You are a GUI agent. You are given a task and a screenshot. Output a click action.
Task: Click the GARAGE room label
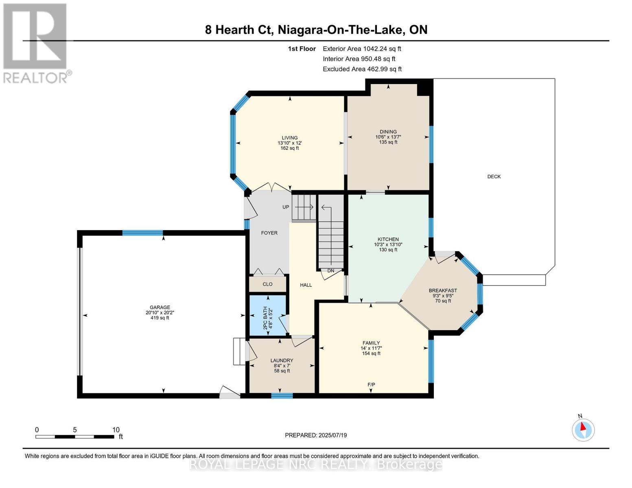point(160,307)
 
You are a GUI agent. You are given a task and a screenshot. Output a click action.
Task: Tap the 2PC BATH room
point(267,315)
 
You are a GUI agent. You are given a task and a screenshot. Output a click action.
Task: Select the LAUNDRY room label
point(282,360)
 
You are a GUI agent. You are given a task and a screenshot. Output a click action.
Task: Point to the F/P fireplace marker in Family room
point(371,384)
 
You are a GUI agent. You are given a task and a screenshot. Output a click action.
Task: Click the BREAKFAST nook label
point(443,290)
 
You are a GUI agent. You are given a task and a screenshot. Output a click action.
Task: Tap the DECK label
point(494,176)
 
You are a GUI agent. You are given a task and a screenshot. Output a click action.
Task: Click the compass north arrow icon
point(583,429)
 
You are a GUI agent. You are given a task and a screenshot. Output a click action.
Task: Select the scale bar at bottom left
point(75,437)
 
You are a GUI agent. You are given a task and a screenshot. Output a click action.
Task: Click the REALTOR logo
point(35,43)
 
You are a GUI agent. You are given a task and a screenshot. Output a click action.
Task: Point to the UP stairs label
point(286,207)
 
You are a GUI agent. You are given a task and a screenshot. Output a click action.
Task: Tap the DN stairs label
point(330,271)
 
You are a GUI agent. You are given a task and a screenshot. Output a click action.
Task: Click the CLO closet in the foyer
point(267,284)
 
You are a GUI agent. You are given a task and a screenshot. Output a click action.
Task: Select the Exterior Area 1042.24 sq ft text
point(362,49)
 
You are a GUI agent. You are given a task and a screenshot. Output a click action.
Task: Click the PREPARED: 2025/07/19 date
point(316,435)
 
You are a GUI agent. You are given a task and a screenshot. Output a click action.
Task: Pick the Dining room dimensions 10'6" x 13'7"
point(388,137)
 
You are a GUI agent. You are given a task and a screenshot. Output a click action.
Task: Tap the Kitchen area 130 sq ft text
point(388,250)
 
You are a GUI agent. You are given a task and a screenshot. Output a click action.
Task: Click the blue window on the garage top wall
point(142,233)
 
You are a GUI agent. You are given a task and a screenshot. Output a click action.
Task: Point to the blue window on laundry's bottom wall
point(282,395)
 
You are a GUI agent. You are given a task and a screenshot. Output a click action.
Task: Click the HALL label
point(306,285)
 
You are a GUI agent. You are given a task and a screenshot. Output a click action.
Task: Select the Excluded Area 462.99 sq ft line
point(362,69)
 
